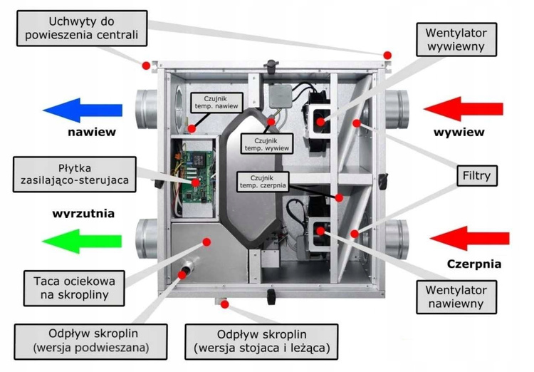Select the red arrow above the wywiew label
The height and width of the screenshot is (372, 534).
coord(466,109)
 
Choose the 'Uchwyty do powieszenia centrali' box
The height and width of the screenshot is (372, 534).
coord(80,27)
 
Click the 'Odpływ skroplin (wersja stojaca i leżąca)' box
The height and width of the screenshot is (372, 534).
coord(261,341)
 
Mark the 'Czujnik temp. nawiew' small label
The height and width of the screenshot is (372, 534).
coord(218,103)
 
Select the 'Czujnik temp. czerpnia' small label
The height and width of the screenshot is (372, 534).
coord(264,181)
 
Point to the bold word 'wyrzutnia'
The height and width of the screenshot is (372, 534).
coord(83,213)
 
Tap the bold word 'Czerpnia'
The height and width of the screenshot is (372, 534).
coord(474,264)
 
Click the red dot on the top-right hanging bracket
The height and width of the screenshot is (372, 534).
coord(387,55)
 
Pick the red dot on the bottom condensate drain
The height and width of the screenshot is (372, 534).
coord(224,305)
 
